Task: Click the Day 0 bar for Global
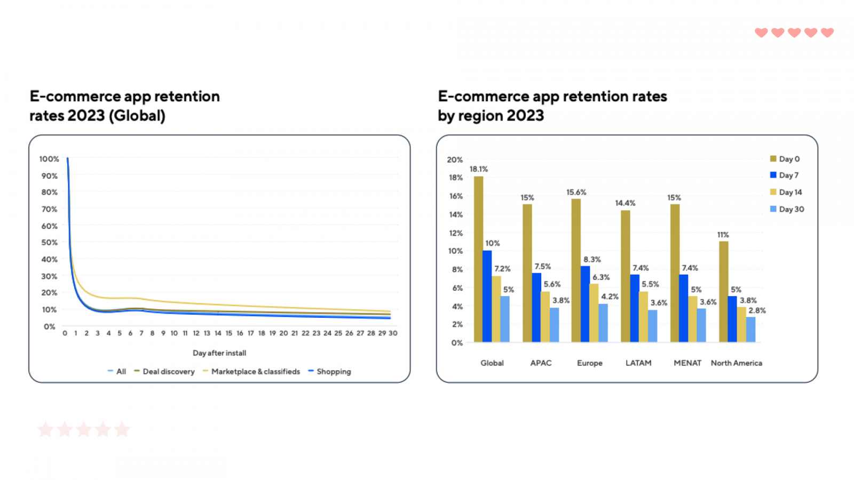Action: pos(478,259)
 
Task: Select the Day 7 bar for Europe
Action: pos(585,304)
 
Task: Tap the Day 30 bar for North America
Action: pos(750,330)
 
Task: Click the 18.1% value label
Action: pos(479,169)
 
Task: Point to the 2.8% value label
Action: pos(757,310)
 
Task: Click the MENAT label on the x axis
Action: pos(687,363)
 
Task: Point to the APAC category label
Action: pos(541,363)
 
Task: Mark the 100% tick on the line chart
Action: pos(49,159)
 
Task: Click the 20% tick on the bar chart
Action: pos(455,159)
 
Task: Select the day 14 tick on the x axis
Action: pos(218,333)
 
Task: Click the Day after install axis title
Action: pos(219,353)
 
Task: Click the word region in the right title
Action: pos(479,116)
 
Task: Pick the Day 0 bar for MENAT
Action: pos(675,273)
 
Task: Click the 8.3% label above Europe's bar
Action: pos(592,260)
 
